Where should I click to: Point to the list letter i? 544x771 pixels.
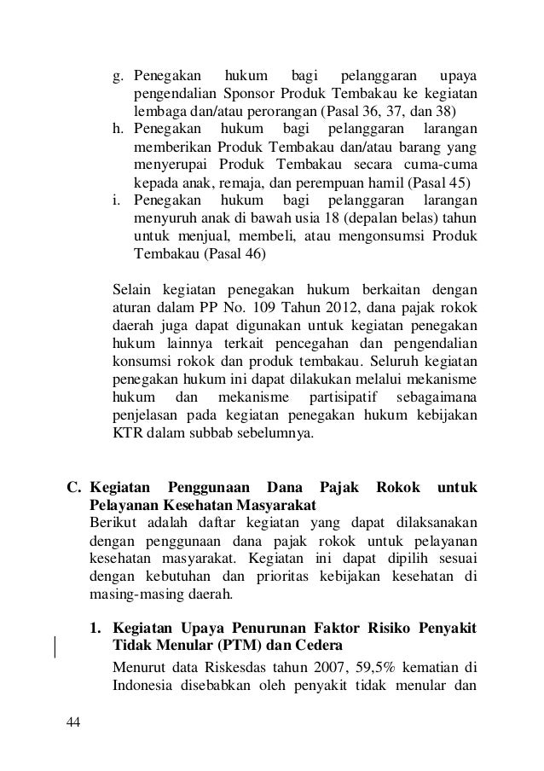[117, 200]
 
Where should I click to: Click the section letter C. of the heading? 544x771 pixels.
[75, 488]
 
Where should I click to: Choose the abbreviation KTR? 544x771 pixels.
[127, 432]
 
